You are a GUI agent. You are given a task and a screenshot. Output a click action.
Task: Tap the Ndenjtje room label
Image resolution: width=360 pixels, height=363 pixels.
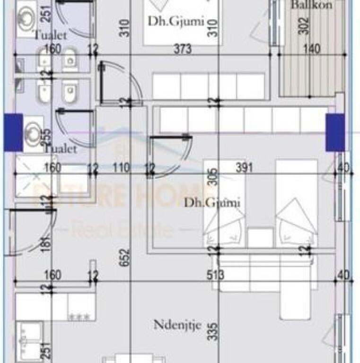(x=177, y=325)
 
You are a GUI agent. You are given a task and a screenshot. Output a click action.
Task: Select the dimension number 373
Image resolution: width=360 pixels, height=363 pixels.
(x=182, y=48)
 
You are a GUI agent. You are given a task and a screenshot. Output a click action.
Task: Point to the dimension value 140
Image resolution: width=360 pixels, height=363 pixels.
(x=312, y=48)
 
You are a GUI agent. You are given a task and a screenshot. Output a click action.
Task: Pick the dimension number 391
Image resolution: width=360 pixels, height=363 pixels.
(x=245, y=167)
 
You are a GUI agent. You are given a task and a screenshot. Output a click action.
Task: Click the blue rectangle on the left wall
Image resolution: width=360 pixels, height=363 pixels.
(x=13, y=132)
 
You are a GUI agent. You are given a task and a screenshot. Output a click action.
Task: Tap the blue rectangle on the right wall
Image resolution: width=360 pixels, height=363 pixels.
(x=335, y=132)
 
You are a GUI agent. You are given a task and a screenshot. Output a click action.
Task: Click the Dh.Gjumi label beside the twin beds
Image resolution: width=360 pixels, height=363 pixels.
(x=212, y=203)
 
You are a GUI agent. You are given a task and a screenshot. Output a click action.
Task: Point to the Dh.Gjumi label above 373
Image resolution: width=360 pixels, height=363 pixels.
(x=169, y=21)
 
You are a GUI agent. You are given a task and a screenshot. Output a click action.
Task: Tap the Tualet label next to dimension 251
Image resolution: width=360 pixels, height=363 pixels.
(x=50, y=35)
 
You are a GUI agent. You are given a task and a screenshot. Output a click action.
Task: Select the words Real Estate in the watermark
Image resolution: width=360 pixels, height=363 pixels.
(x=122, y=230)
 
